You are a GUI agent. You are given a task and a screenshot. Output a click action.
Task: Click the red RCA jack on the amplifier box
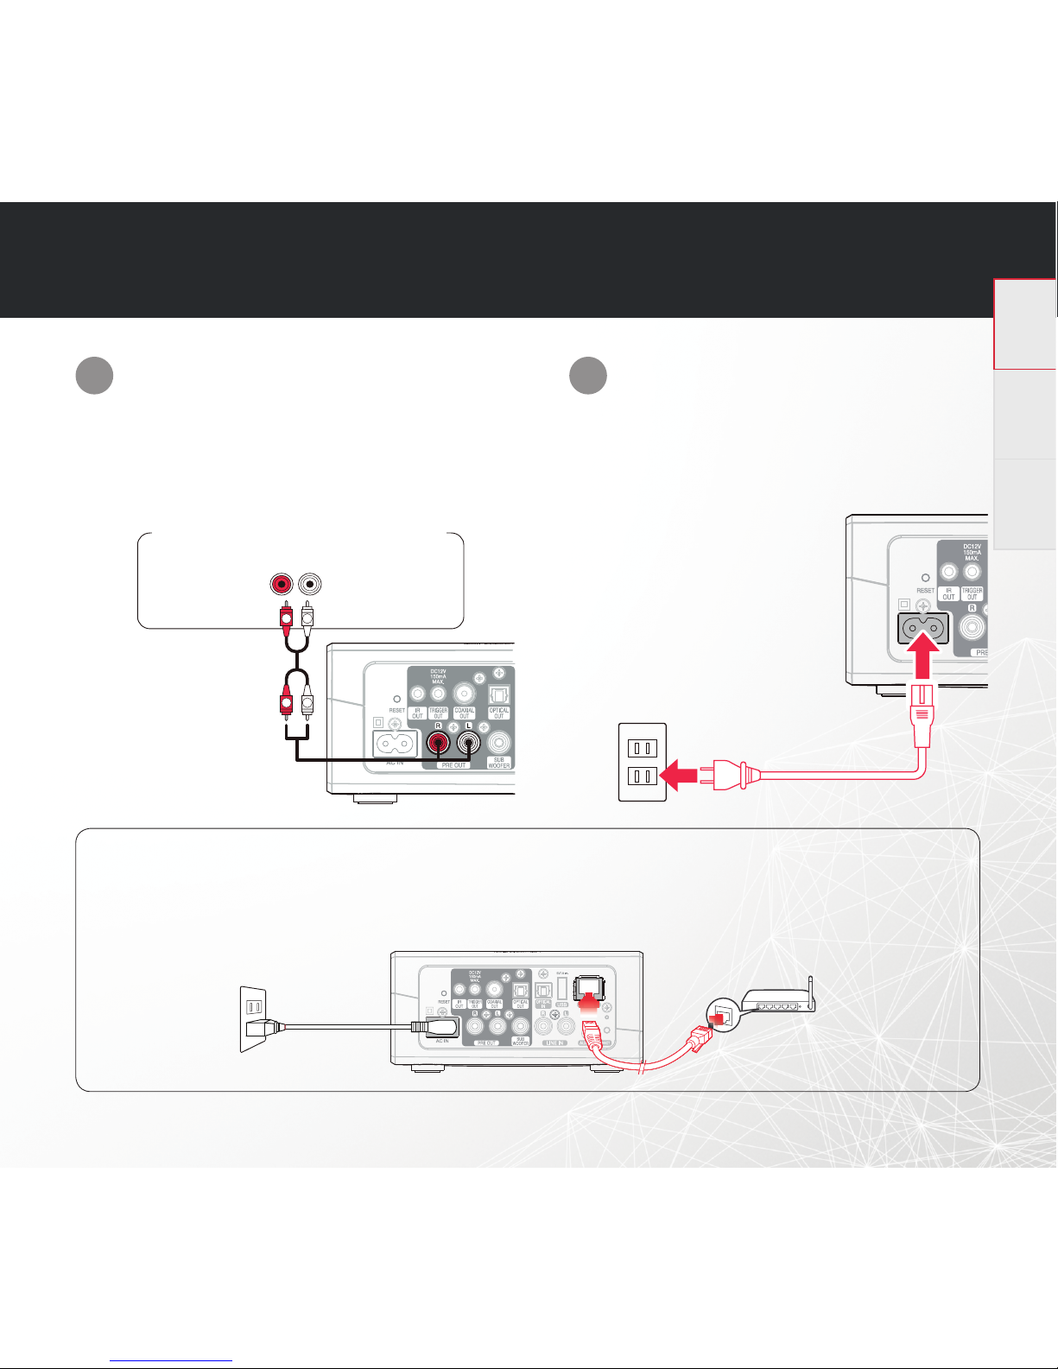tap(281, 584)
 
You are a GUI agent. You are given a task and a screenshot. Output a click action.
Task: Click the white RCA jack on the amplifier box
tap(308, 584)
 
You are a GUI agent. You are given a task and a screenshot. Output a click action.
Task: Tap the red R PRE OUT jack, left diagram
tap(439, 743)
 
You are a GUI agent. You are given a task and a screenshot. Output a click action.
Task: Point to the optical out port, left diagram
tap(499, 694)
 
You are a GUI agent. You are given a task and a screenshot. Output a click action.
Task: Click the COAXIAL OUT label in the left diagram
tap(465, 713)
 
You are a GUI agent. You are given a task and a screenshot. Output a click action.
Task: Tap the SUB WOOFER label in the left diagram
tap(499, 763)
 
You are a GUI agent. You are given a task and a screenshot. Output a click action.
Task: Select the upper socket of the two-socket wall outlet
tap(643, 748)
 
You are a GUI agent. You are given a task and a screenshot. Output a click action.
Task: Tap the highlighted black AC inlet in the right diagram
tap(923, 629)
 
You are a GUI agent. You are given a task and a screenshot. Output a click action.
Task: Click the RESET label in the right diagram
tap(925, 591)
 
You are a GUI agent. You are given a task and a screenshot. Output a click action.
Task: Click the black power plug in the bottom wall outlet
tap(258, 1028)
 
